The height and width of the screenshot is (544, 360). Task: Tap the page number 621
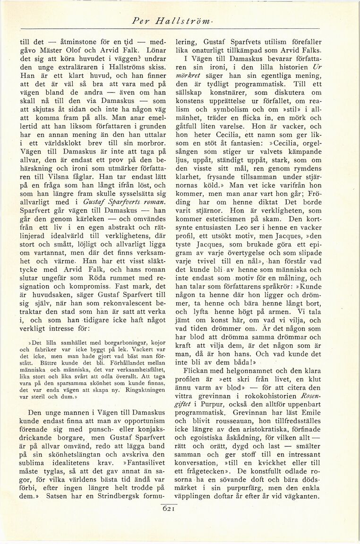(169, 508)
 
